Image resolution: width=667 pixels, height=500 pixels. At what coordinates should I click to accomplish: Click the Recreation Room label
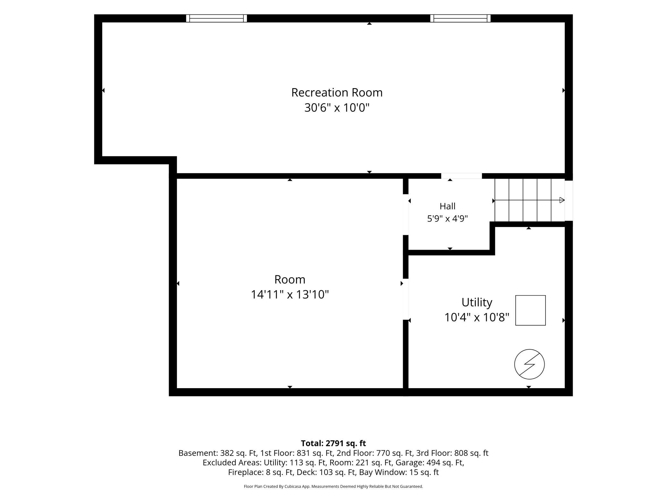(x=337, y=93)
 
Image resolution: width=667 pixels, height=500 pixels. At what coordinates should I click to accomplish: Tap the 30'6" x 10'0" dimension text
(x=337, y=108)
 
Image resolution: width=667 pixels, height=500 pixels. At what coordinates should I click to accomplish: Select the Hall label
(x=447, y=206)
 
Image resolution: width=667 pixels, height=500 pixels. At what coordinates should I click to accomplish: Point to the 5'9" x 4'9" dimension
(x=447, y=219)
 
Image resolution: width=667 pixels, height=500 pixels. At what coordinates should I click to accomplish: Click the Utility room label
(x=477, y=302)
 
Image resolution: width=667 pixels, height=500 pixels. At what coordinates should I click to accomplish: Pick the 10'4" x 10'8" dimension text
(x=477, y=318)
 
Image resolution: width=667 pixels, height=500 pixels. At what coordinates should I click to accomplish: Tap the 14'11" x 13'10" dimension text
(x=290, y=294)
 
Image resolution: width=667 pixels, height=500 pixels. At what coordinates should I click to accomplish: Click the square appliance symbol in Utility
(x=530, y=310)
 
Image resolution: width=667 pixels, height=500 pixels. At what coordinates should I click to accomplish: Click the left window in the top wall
(x=216, y=18)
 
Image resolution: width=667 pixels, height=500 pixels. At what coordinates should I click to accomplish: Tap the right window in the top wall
(x=460, y=18)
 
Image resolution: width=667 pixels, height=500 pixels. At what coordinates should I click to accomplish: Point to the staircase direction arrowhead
(x=562, y=200)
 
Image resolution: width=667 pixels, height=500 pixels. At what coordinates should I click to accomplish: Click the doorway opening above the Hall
(x=461, y=176)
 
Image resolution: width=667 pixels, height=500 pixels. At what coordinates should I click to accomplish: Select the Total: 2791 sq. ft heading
(x=333, y=443)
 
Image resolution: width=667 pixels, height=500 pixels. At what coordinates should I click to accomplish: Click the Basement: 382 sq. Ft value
(x=217, y=453)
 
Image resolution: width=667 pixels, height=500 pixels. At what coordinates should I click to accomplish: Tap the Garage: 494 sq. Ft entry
(x=429, y=463)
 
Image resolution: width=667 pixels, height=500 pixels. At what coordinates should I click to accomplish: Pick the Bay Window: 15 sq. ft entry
(x=399, y=472)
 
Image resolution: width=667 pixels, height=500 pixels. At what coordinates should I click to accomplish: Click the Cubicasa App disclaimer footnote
(x=333, y=487)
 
